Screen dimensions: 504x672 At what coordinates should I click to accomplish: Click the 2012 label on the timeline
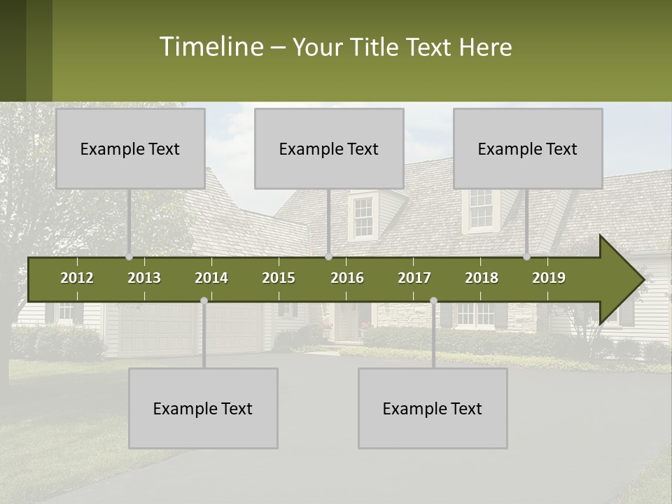tap(77, 278)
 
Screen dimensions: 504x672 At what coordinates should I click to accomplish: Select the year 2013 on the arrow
tap(144, 278)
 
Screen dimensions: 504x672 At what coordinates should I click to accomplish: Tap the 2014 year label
tap(211, 278)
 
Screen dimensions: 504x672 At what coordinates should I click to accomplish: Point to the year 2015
tap(279, 278)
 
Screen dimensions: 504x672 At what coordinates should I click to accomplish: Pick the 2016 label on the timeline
tap(347, 278)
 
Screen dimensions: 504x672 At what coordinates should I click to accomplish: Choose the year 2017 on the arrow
tap(414, 278)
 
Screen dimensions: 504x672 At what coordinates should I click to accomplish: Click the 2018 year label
tap(482, 278)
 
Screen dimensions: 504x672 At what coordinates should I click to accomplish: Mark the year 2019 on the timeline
tap(549, 278)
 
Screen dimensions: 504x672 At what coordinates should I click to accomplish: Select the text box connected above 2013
tap(130, 148)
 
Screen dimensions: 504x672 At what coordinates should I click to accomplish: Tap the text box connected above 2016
tap(329, 148)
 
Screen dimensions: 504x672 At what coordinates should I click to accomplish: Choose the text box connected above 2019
tap(528, 148)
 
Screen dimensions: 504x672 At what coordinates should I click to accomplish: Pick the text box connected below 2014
tap(203, 408)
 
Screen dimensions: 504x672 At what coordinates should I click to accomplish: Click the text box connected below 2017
tap(433, 408)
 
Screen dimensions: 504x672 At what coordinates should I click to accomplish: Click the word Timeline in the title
tap(210, 47)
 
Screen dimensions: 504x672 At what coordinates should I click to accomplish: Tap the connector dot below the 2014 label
tap(204, 300)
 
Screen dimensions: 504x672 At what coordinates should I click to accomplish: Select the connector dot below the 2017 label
tap(433, 300)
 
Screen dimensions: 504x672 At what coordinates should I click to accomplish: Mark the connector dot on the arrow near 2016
tap(329, 257)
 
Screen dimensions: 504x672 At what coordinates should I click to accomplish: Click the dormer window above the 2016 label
tap(363, 217)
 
